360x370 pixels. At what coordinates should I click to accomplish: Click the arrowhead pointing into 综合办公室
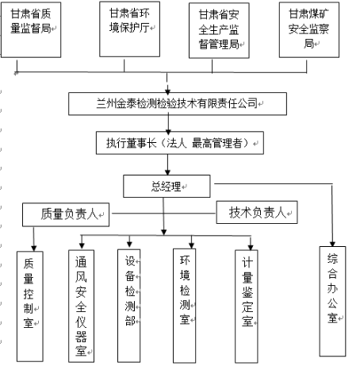tap(332, 244)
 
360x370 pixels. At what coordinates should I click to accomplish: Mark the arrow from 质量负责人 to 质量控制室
tap(33, 239)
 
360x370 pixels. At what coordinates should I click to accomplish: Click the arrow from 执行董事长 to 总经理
tap(167, 164)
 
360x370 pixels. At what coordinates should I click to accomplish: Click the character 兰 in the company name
tap(101, 103)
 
